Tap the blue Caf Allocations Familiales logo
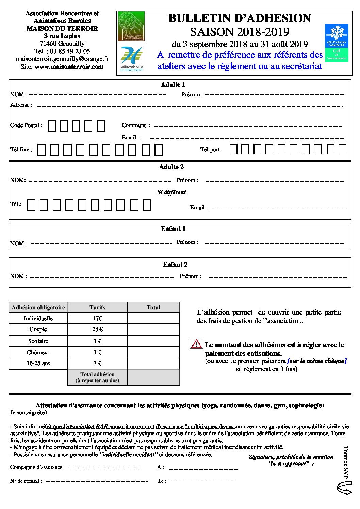coord(336,43)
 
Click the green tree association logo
coord(131,26)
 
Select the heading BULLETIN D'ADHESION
coord(240,18)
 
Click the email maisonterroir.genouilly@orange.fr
coord(62,59)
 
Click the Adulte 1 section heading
coord(173,85)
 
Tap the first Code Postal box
coord(52,126)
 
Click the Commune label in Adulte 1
coord(135,125)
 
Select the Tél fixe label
coord(21,149)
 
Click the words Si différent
coord(171,192)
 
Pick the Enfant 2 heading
coord(175,265)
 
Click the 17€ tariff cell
coord(97,319)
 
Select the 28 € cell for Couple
coord(97,329)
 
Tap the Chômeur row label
coord(38,353)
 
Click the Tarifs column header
coord(97,307)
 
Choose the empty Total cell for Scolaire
coord(153,341)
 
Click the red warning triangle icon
coord(196,344)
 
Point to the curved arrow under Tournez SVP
coord(344,488)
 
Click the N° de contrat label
coord(26,481)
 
